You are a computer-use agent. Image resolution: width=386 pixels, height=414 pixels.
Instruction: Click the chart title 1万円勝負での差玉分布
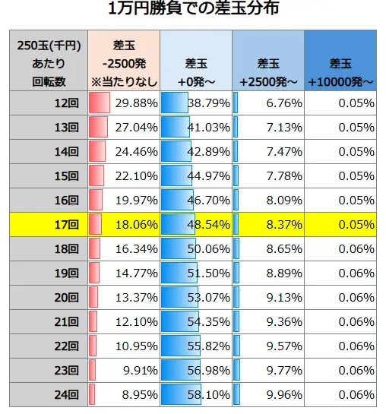[x=193, y=11]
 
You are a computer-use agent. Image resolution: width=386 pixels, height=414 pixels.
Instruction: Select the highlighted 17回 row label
[x=68, y=225]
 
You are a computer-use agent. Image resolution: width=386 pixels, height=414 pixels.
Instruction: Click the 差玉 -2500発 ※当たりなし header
[x=123, y=64]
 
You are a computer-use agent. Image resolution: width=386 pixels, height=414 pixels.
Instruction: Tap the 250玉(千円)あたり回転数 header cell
[x=48, y=64]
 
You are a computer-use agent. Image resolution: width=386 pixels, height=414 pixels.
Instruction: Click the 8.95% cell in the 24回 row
[x=138, y=395]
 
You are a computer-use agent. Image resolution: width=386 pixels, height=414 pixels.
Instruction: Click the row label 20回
[x=68, y=298]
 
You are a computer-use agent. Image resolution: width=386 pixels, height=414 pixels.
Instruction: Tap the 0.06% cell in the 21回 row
[x=356, y=322]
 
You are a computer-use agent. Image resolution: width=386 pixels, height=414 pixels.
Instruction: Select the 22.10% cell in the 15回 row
[x=134, y=176]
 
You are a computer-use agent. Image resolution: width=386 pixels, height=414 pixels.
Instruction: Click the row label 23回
[x=68, y=371]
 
